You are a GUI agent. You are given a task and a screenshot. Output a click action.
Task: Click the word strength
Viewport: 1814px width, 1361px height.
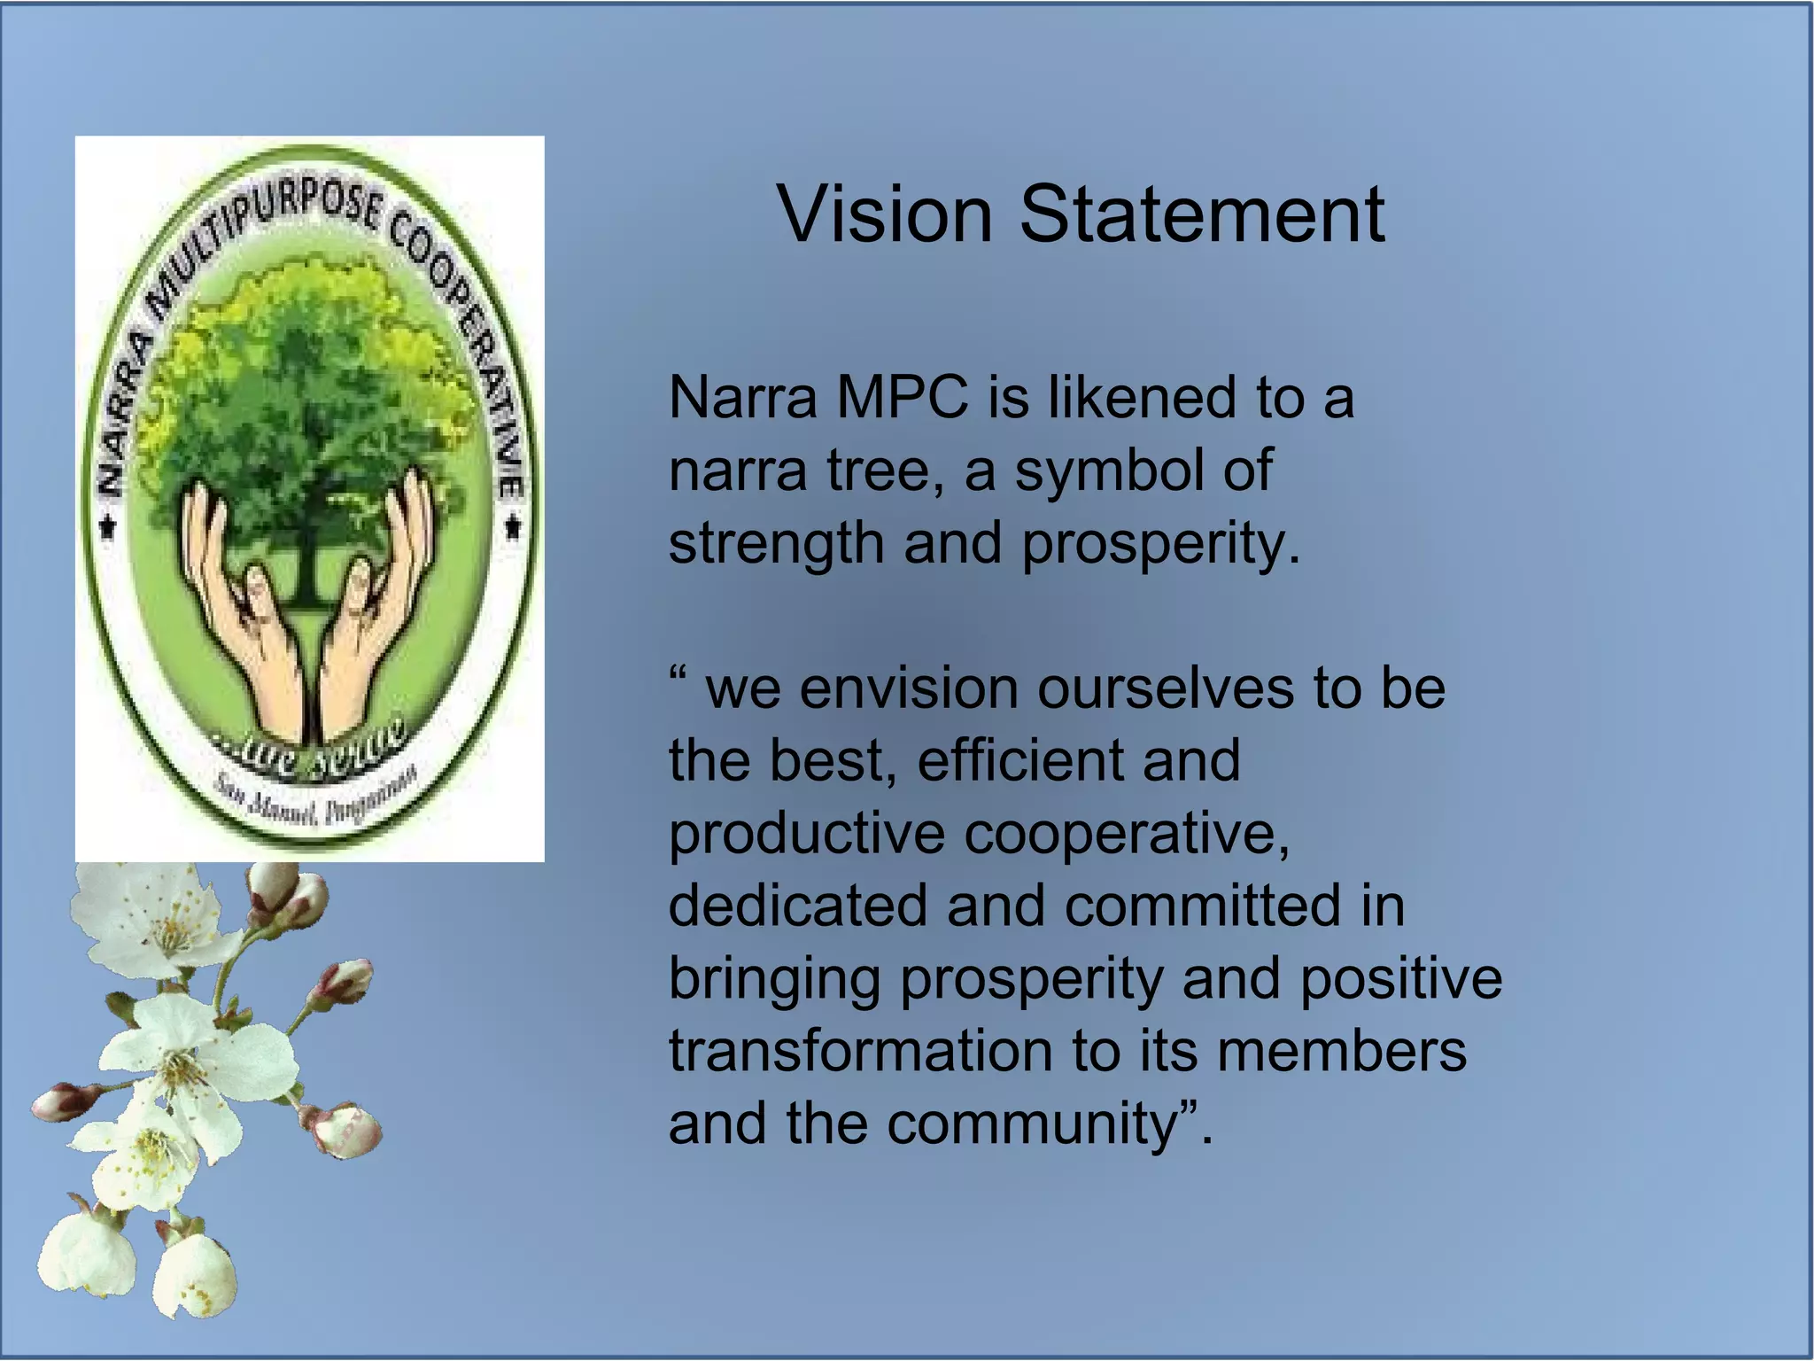coord(776,543)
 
